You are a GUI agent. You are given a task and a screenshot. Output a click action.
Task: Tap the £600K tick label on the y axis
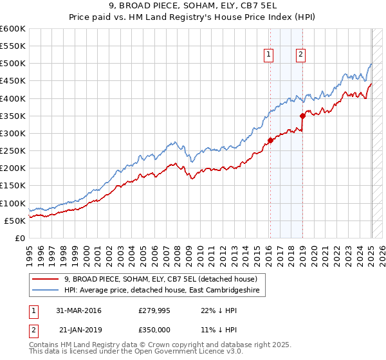coord(13,29)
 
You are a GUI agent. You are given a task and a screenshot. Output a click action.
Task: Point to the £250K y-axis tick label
coord(13,151)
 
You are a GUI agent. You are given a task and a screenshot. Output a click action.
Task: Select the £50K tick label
coord(15,221)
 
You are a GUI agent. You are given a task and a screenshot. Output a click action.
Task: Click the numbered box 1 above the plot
coord(268,55)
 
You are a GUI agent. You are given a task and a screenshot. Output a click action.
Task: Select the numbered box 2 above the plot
coord(300,55)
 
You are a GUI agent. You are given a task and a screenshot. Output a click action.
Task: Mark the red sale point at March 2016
coord(270,141)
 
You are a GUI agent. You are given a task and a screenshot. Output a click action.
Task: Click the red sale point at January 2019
coord(302,116)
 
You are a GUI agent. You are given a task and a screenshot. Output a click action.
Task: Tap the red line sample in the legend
coord(44,279)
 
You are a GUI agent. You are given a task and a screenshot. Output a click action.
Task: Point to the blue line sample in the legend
coord(44,290)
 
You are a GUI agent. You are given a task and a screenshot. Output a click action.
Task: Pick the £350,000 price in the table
coord(157,330)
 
